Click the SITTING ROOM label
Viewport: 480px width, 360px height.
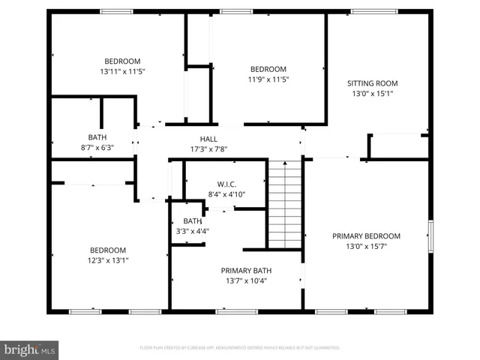[x=372, y=83]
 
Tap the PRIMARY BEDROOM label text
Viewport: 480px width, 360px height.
[x=366, y=236]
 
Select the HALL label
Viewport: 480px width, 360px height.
[x=208, y=139]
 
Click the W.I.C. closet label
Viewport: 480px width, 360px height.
[x=226, y=184]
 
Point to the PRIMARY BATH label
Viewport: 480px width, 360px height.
[x=244, y=271]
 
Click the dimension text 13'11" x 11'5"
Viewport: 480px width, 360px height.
[x=121, y=71]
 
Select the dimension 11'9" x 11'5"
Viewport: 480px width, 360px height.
[x=268, y=79]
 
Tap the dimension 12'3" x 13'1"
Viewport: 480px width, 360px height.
[x=109, y=260]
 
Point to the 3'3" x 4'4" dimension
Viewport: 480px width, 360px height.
[x=193, y=231]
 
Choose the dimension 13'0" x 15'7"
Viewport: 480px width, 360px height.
[x=366, y=246]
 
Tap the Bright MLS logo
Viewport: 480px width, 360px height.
[x=30, y=349]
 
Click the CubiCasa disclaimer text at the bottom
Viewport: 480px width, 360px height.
[x=240, y=348]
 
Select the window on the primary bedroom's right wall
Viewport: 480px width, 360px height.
[x=430, y=236]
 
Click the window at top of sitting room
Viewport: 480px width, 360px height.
[x=374, y=11]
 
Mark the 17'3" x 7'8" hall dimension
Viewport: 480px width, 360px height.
[x=208, y=148]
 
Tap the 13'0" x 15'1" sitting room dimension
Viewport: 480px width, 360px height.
[x=372, y=94]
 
